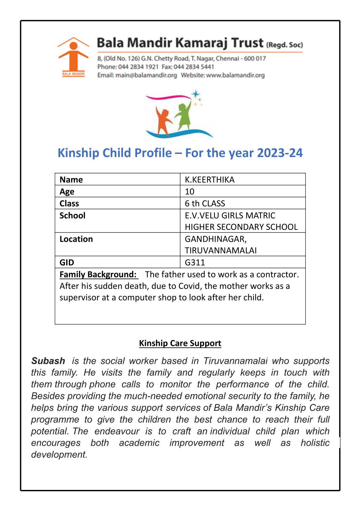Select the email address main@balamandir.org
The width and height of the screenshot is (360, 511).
[x=146, y=75]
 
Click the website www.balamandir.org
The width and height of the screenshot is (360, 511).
[x=235, y=75]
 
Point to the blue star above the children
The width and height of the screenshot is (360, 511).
[x=195, y=94]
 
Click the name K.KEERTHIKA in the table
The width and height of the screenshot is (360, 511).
[x=210, y=180]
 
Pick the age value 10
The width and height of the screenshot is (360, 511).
[x=190, y=192]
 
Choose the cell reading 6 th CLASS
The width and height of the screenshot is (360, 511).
[x=205, y=203]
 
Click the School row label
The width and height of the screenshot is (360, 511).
[x=72, y=215]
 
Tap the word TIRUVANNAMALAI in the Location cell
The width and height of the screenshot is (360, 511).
[x=221, y=250]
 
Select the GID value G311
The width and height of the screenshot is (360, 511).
[x=195, y=262]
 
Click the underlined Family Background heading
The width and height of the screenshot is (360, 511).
[x=98, y=275]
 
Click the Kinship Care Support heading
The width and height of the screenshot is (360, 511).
[x=180, y=343]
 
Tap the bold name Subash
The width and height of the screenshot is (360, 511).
[x=48, y=361]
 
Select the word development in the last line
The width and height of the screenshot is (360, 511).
[x=59, y=454]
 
